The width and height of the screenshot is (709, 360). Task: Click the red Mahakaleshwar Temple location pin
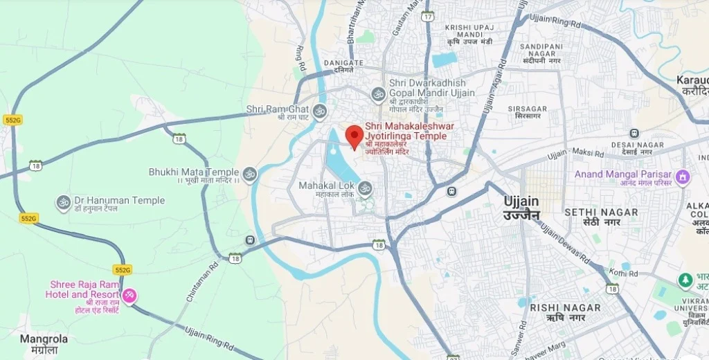(354, 136)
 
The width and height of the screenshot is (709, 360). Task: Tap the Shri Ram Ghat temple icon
(319, 109)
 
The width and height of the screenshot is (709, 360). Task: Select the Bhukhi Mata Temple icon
(250, 172)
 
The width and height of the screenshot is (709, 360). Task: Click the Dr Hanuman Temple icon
(64, 201)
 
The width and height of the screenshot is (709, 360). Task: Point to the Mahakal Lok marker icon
(365, 187)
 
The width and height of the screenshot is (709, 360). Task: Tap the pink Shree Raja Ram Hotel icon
(129, 296)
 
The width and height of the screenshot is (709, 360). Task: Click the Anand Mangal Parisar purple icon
(683, 177)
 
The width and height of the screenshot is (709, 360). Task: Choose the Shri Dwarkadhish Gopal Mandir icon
(378, 93)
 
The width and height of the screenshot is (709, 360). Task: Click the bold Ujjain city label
(521, 201)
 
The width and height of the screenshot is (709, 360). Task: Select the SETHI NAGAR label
(591, 212)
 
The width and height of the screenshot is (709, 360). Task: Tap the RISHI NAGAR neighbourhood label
(565, 307)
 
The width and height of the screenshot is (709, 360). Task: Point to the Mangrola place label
(44, 339)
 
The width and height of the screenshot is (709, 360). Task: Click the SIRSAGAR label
(527, 109)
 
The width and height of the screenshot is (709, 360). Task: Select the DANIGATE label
(343, 63)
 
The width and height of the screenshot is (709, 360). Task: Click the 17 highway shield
(428, 16)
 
